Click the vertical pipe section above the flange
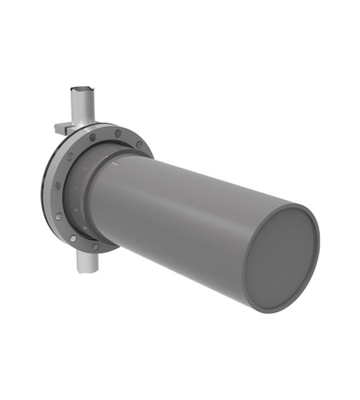point(82,108)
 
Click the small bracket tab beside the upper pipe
point(62,127)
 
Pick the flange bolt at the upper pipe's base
point(93,137)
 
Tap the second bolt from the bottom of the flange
point(73,238)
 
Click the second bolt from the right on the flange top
point(118,134)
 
